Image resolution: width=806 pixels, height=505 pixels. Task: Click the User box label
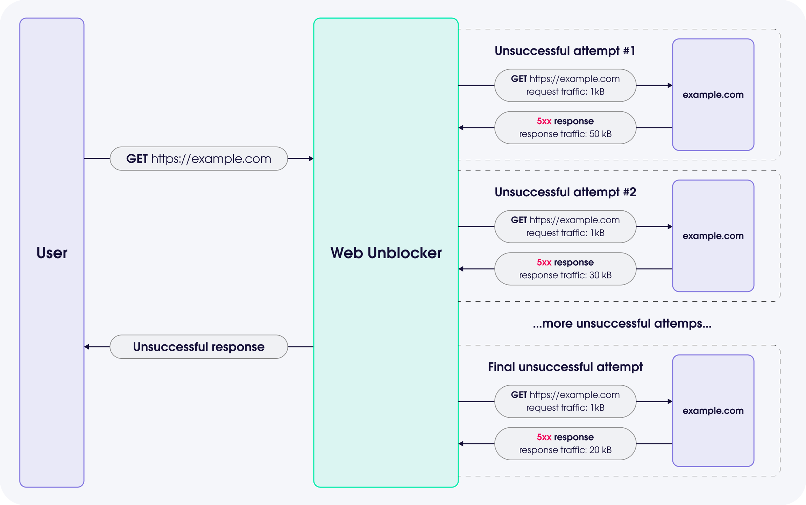pyautogui.click(x=52, y=253)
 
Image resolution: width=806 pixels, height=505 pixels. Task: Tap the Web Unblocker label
pyautogui.click(x=386, y=253)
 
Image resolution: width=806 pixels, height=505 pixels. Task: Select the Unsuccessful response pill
pyautogui.click(x=199, y=346)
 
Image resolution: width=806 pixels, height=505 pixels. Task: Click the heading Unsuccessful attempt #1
pyautogui.click(x=565, y=51)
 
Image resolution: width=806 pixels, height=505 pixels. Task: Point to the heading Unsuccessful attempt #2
pyautogui.click(x=565, y=192)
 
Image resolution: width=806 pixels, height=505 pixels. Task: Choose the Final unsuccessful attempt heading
pyautogui.click(x=565, y=367)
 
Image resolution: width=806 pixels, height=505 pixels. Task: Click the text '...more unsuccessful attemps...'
pyautogui.click(x=622, y=323)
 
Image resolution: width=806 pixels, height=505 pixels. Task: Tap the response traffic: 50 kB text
pyautogui.click(x=565, y=134)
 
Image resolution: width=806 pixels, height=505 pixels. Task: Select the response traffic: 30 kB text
pyautogui.click(x=565, y=275)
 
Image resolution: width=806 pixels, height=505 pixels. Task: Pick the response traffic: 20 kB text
pyautogui.click(x=565, y=450)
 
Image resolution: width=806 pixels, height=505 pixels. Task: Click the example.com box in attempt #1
pyautogui.click(x=713, y=94)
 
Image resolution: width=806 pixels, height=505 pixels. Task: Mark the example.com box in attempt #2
pyautogui.click(x=713, y=236)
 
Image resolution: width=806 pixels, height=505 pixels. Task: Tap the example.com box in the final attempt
pyautogui.click(x=713, y=411)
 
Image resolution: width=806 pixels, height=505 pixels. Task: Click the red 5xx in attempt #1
pyautogui.click(x=544, y=121)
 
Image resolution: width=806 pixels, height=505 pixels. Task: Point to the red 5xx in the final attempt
pyautogui.click(x=544, y=437)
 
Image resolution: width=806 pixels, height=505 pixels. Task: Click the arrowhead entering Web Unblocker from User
pyautogui.click(x=311, y=159)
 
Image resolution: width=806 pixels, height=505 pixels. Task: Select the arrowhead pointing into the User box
pyautogui.click(x=87, y=346)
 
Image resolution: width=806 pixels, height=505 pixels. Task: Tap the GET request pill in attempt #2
pyautogui.click(x=565, y=226)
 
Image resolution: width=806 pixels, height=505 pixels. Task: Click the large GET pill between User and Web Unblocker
pyautogui.click(x=199, y=159)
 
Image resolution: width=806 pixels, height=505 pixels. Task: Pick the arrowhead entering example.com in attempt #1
pyautogui.click(x=670, y=85)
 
